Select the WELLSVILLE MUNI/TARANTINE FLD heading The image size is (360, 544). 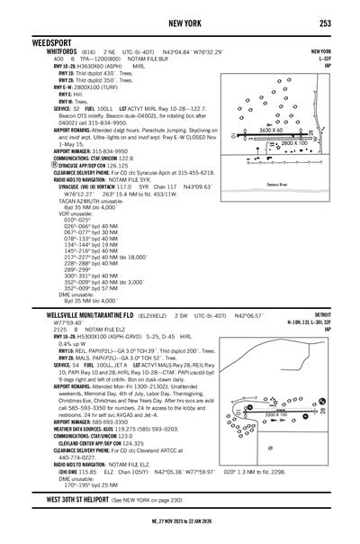[x=67, y=317]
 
